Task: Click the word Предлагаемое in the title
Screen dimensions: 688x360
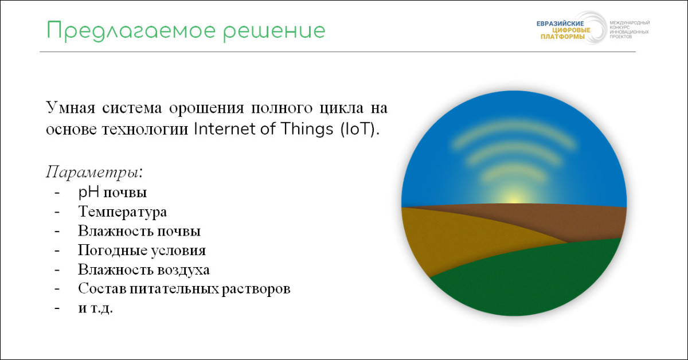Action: pos(131,31)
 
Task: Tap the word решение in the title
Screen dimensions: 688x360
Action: pos(274,32)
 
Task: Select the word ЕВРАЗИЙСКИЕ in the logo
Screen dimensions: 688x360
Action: pos(560,24)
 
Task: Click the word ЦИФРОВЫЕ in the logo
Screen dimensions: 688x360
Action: pos(571,30)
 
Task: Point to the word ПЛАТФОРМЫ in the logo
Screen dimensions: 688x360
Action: pos(562,37)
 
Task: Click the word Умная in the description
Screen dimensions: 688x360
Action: pos(71,108)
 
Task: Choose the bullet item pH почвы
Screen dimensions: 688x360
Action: pos(112,193)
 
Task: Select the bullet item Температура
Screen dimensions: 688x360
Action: pos(123,212)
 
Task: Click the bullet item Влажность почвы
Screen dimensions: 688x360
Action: pos(139,231)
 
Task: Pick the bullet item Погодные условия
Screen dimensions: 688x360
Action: pos(142,251)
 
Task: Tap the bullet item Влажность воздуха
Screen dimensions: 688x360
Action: pos(144,269)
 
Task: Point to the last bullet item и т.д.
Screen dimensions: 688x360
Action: pos(96,308)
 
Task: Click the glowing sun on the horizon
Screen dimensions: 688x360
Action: pos(513,197)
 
